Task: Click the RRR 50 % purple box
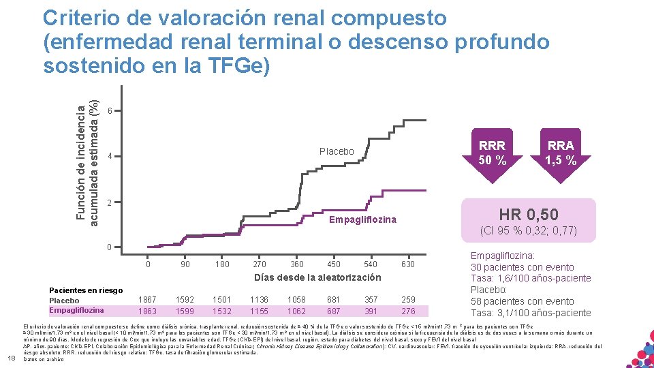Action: pos(492,153)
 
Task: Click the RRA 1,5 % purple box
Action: pos(561,153)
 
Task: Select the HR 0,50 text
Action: pos(528,215)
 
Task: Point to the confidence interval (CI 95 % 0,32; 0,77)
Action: pos(529,231)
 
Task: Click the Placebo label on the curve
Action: pos(337,151)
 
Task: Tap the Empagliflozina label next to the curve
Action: pos(362,219)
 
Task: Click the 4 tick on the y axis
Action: pos(110,157)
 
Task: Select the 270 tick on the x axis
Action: pos(260,264)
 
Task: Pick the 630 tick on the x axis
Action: pos(407,264)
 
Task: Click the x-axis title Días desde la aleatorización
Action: pos(317,277)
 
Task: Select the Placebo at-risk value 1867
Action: pos(147,298)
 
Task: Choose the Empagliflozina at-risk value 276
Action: pos(407,311)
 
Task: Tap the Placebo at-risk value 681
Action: pos(334,298)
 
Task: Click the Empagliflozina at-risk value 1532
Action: pos(221,311)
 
